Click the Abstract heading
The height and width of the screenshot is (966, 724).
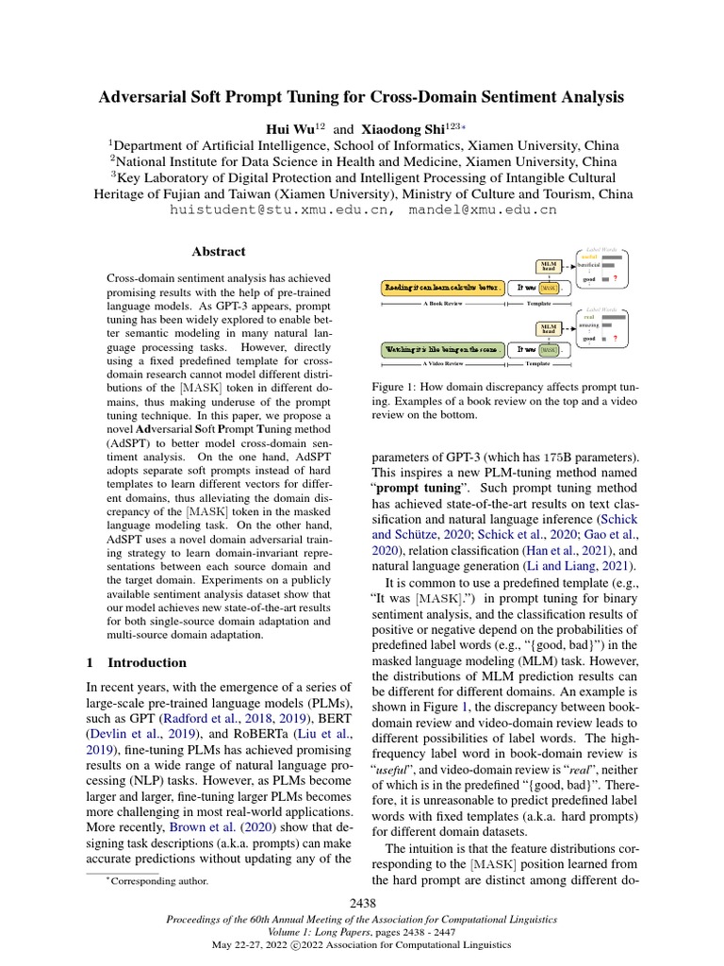click(219, 252)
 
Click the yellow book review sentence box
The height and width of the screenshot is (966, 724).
click(441, 286)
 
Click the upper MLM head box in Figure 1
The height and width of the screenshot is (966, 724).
click(548, 266)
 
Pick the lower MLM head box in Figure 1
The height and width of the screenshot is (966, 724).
click(548, 327)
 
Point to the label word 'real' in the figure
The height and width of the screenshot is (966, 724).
click(589, 317)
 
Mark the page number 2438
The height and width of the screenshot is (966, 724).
click(362, 905)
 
